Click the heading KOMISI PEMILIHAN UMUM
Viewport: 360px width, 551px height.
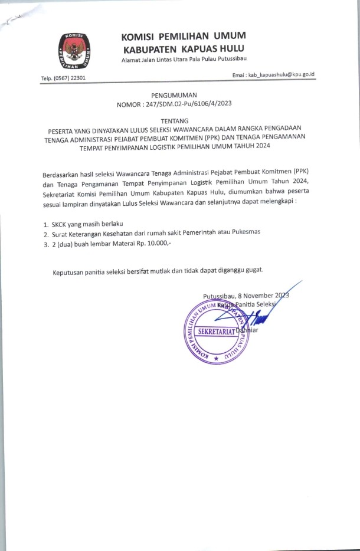coord(184,36)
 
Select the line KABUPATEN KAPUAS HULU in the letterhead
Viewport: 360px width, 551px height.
coord(183,48)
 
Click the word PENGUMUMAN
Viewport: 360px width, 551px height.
coord(174,95)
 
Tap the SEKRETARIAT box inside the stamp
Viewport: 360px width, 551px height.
coord(215,331)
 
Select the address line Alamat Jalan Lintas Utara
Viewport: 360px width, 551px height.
coord(184,61)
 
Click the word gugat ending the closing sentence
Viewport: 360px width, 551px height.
coord(252,271)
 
